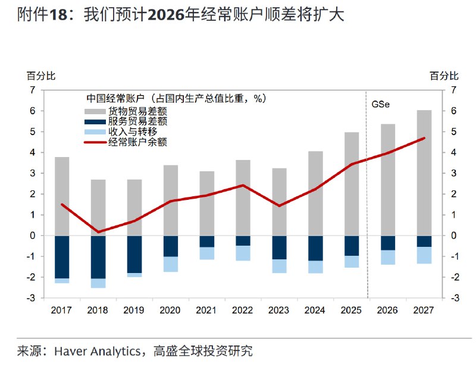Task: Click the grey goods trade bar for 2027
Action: coord(424,172)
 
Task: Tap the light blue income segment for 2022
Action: coord(243,253)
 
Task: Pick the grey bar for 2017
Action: coord(62,196)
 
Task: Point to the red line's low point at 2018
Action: coord(98,232)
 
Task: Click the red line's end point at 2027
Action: coord(424,138)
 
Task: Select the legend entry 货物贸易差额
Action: coord(137,111)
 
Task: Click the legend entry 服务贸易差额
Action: coord(137,121)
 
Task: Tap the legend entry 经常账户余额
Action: coord(137,142)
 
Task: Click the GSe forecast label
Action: coord(381,104)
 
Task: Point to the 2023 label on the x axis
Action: coord(278,310)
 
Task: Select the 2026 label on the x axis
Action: coord(387,310)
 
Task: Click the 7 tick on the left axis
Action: coord(33,90)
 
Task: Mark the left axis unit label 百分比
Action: coord(40,76)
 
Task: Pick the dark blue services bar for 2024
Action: coord(315,248)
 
